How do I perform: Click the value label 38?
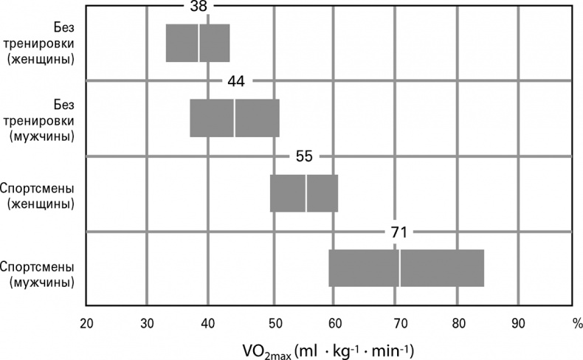pyautogui.click(x=199, y=7)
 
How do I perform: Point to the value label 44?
pyautogui.click(x=236, y=81)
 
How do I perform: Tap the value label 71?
pyautogui.click(x=399, y=232)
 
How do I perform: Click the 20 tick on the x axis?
pyautogui.click(x=86, y=322)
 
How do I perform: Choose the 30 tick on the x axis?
pyautogui.click(x=147, y=322)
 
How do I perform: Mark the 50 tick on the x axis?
pyautogui.click(x=274, y=322)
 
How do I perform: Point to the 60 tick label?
pyautogui.click(x=334, y=322)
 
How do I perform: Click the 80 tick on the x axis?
pyautogui.click(x=458, y=322)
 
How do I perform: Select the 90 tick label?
pyautogui.click(x=518, y=322)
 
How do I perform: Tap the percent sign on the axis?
pyautogui.click(x=576, y=322)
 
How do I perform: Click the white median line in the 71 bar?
pyautogui.click(x=399, y=268)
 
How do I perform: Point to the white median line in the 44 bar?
pyautogui.click(x=235, y=117)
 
